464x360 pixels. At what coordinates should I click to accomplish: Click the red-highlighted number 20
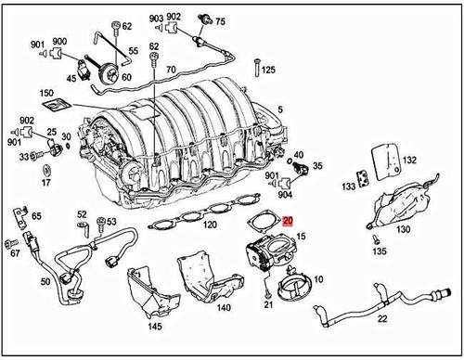coord(288,221)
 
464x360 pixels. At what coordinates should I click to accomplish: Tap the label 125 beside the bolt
coord(269,70)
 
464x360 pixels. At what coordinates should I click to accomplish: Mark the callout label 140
coord(224,307)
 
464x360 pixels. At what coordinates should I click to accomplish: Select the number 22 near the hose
coord(382,319)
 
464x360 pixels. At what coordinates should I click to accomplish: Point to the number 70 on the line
coord(171,70)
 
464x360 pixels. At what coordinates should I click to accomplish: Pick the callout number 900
coord(59,43)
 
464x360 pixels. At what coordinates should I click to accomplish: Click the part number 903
coord(155,19)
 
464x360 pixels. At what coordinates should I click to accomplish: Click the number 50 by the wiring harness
coord(46,281)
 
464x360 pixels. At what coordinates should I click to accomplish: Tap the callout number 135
coord(379,251)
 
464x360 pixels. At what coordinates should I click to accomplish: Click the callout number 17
coord(46,184)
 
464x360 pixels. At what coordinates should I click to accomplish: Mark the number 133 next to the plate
coord(349,186)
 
